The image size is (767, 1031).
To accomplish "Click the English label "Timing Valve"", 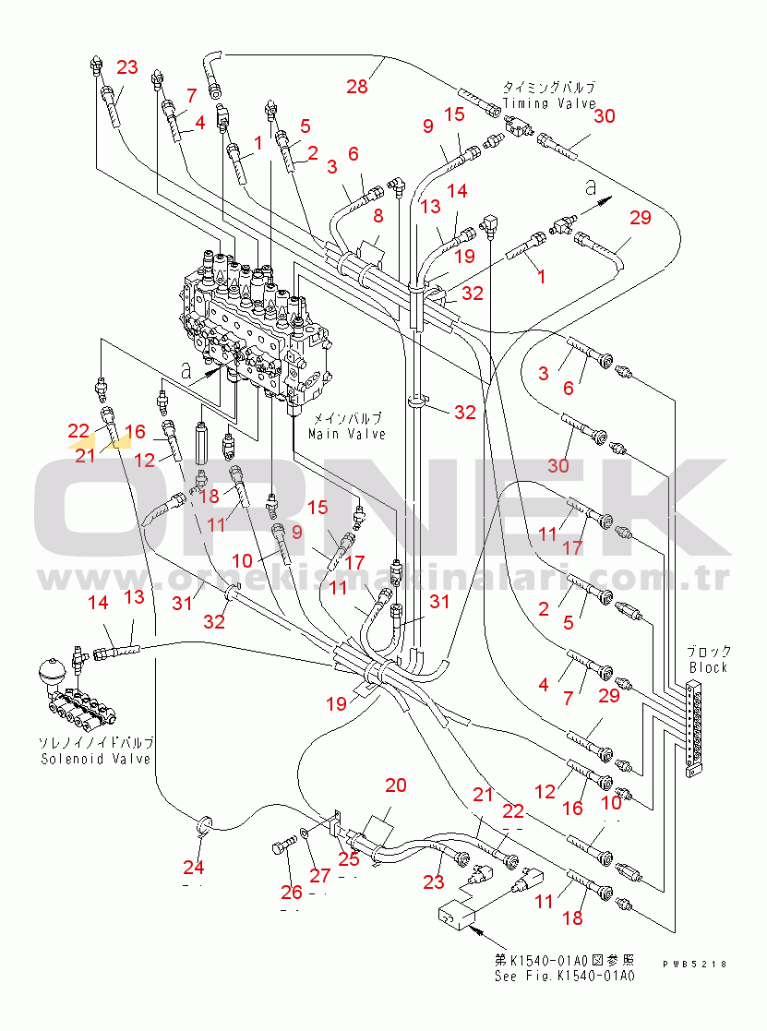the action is [549, 104].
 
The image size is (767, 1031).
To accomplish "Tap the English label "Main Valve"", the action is [347, 434].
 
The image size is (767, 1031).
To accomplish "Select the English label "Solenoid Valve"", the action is [96, 759].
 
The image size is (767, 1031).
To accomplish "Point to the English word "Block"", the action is [708, 667].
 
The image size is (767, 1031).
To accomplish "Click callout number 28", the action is [357, 86].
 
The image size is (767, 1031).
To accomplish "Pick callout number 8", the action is [378, 215].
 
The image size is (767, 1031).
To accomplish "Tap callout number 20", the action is [396, 785].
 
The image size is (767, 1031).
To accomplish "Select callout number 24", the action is [193, 868].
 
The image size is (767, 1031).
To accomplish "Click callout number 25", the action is [349, 858].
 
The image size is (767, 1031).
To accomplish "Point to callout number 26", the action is [292, 893].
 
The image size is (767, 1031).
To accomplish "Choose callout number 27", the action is [320, 875].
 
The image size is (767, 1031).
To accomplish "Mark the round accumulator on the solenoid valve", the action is [53, 672].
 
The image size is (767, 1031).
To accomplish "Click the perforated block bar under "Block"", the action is [693, 728].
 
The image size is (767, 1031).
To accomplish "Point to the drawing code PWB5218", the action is [695, 964].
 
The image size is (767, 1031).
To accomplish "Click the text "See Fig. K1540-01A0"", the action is [565, 976].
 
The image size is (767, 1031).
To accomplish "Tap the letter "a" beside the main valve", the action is [186, 371].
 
